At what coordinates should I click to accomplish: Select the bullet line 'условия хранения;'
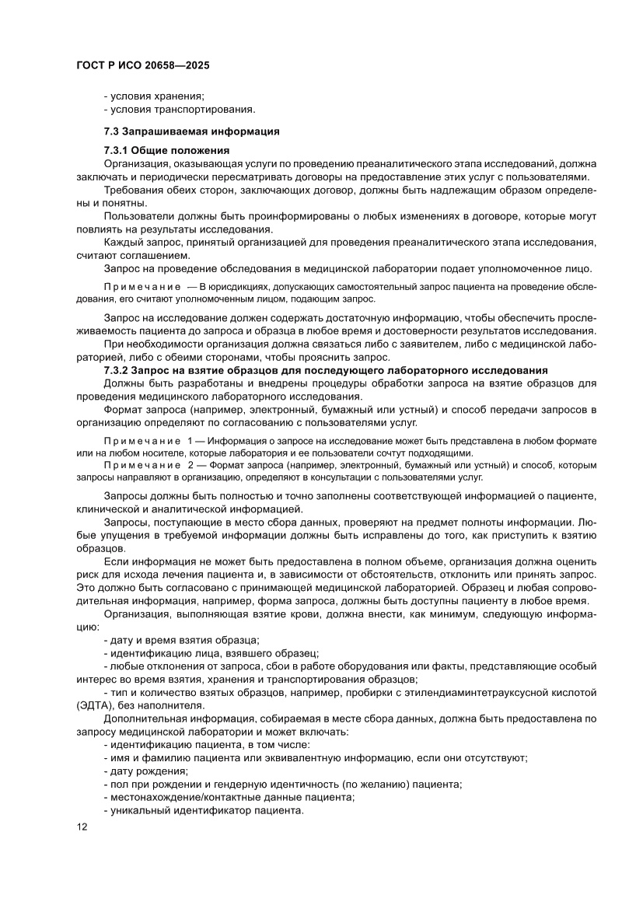(154, 96)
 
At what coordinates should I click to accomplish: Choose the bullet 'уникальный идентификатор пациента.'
(203, 810)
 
